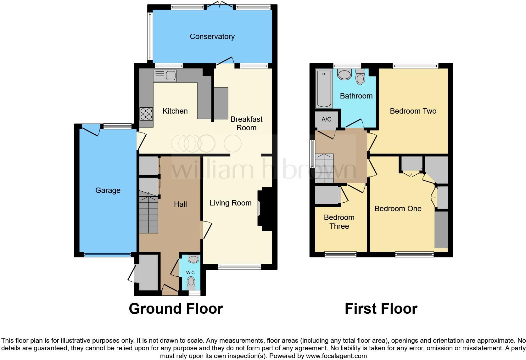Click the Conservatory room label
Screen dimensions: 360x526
coord(212,37)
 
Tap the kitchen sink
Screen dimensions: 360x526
coord(165,76)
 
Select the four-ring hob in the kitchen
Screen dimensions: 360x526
coord(146,114)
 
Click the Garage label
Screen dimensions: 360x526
coord(108,190)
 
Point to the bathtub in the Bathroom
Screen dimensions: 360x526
coord(324,89)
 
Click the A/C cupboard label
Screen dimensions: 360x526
coord(327,120)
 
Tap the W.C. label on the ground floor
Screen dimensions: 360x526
coord(191,273)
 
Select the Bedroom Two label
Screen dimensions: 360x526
coord(413,111)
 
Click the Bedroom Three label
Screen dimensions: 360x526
coord(339,222)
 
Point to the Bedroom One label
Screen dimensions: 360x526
coord(398,209)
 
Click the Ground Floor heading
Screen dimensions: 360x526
coord(176,309)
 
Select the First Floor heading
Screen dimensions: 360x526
coord(381,309)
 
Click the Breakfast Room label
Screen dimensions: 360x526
coord(246,123)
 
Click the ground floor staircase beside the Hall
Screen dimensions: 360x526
coord(148,214)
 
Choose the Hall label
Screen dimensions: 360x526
coord(180,204)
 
